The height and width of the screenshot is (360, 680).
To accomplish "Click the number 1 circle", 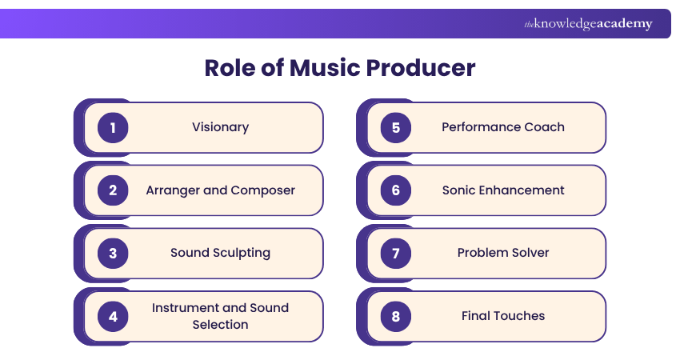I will coord(113,127).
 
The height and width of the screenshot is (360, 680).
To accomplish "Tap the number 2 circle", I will coord(113,190).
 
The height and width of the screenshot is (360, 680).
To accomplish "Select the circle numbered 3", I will coord(113,253).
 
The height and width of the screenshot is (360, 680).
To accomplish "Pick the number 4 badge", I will coord(113,316).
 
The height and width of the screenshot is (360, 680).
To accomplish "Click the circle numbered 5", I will coord(395,127).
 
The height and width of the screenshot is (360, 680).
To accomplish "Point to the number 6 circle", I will coord(395,190).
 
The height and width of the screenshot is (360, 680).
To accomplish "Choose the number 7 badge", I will coord(395,253).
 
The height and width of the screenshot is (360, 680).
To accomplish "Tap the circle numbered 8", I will coord(395,316).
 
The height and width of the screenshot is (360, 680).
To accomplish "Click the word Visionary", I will coord(220,127).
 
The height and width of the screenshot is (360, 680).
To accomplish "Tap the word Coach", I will coord(545,127).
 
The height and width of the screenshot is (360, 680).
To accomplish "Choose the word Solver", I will coord(530,253).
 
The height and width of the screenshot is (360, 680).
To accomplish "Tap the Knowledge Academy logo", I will coord(588,24).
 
